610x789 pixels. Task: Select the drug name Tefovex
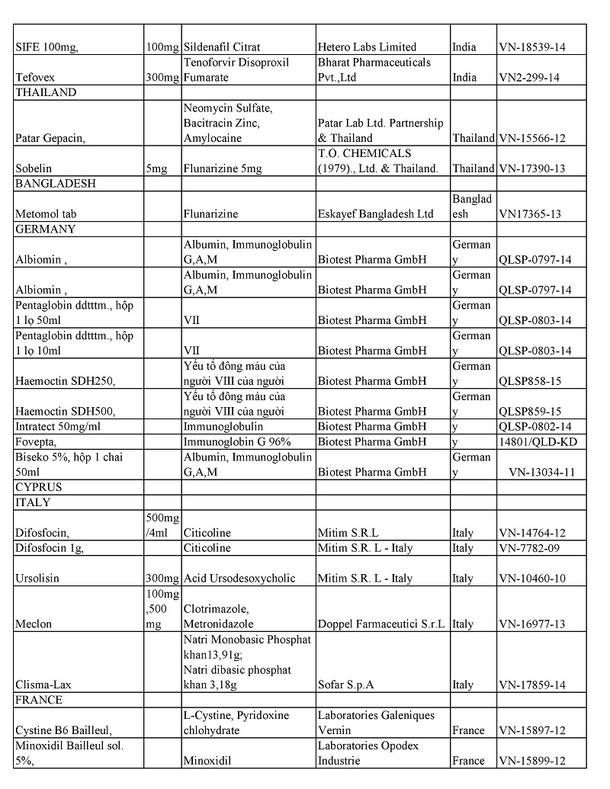click(35, 78)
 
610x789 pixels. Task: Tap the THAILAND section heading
click(46, 93)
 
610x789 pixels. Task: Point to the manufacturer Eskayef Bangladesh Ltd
click(375, 214)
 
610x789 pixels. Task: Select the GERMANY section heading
click(45, 229)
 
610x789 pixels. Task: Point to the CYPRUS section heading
click(39, 487)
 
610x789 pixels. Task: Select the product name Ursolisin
click(37, 579)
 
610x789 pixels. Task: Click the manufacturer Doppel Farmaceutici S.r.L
click(381, 624)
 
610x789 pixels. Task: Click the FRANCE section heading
click(39, 700)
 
